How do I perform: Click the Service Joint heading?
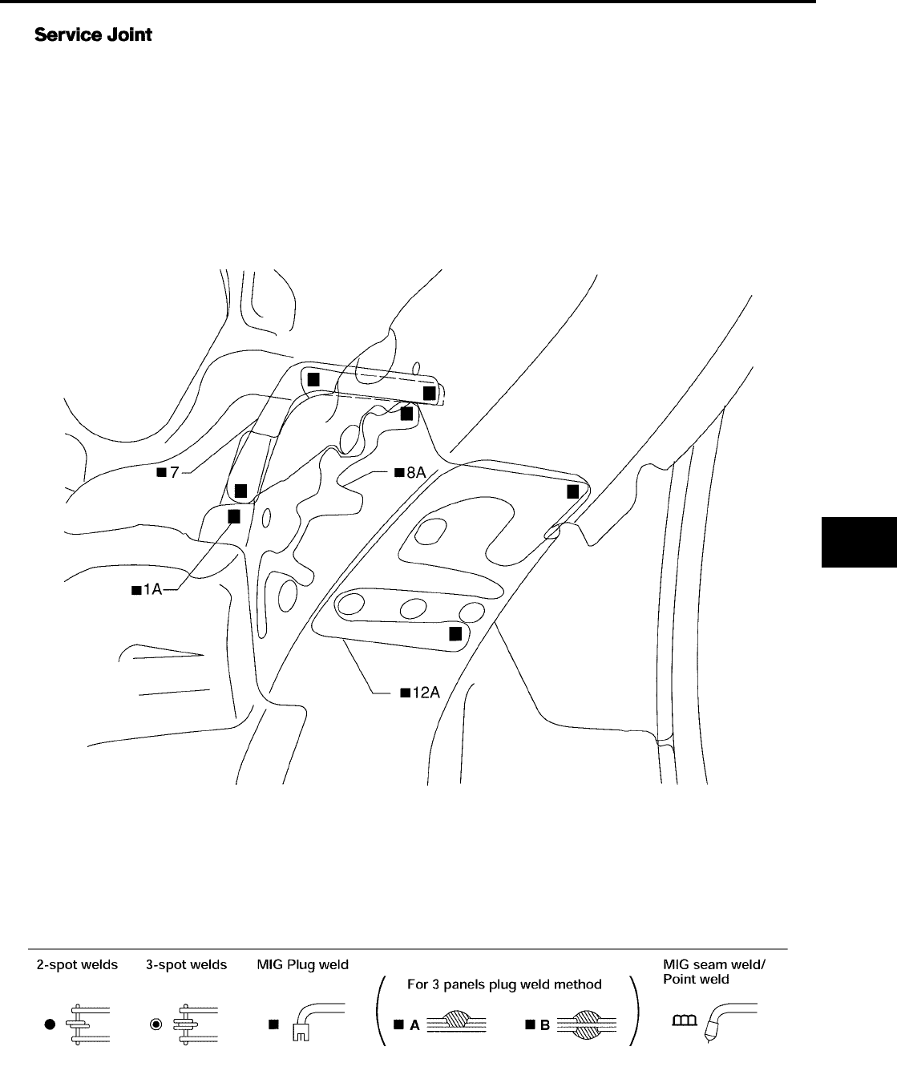pyautogui.click(x=93, y=36)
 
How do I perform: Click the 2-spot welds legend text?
pyautogui.click(x=77, y=964)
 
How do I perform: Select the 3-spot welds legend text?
pyautogui.click(x=186, y=964)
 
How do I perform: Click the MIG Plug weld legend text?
pyautogui.click(x=302, y=964)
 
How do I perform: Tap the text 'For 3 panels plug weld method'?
pyautogui.click(x=504, y=984)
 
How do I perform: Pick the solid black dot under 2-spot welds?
pyautogui.click(x=49, y=1024)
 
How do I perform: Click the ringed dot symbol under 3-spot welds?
pyautogui.click(x=157, y=1024)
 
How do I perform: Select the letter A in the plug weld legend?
pyautogui.click(x=414, y=1024)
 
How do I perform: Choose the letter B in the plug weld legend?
pyautogui.click(x=545, y=1024)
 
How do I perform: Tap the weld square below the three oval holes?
pyautogui.click(x=455, y=634)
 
